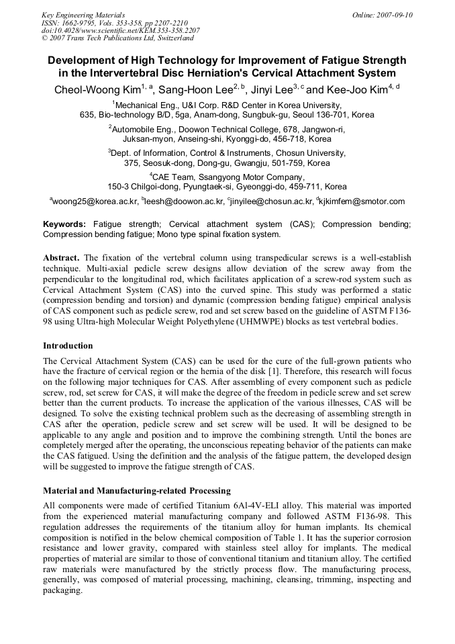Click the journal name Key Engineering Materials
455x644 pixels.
click(x=83, y=15)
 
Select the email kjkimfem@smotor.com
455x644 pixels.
click(x=362, y=201)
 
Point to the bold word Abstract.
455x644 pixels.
click(x=61, y=258)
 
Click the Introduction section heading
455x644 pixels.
click(x=68, y=346)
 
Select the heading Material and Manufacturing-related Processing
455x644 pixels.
click(x=137, y=490)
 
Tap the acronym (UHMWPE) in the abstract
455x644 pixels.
click(x=248, y=321)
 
